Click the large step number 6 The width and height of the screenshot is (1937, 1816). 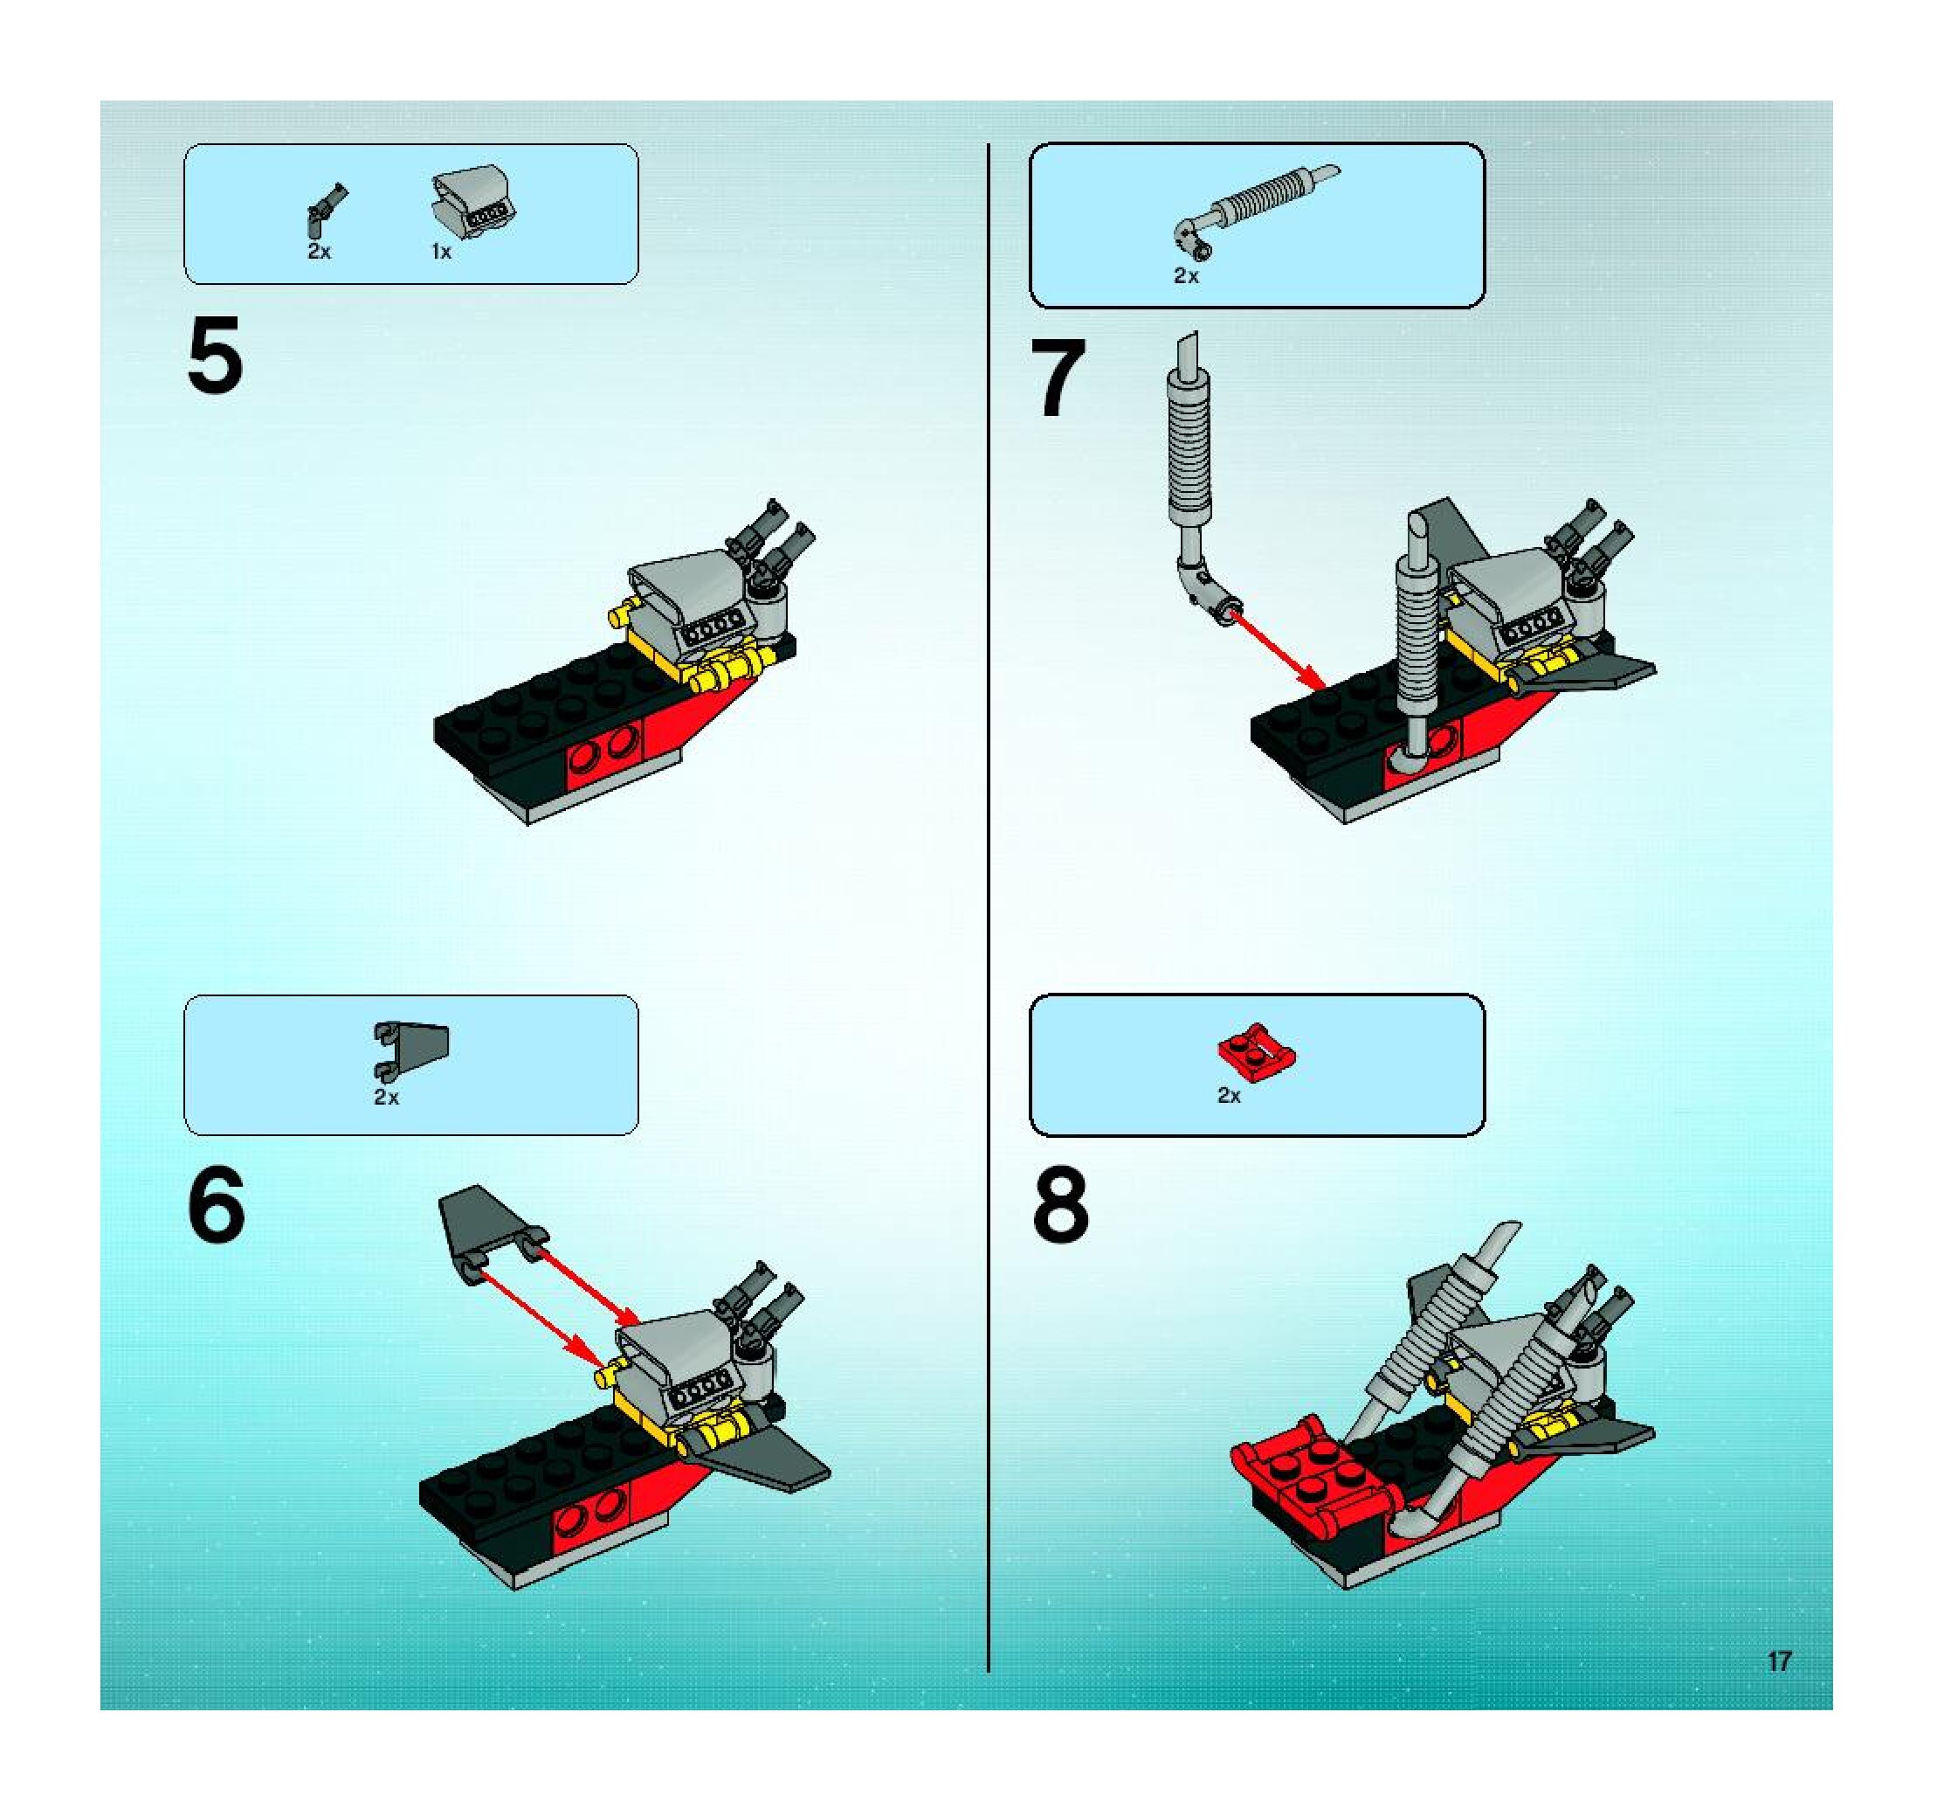pyautogui.click(x=216, y=1206)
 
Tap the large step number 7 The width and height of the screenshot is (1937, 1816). pyautogui.click(x=1058, y=378)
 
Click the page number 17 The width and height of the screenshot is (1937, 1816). pyautogui.click(x=1779, y=1660)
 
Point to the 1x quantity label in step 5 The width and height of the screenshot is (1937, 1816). pyautogui.click(x=441, y=252)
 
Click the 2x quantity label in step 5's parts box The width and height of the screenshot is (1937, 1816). pyautogui.click(x=319, y=252)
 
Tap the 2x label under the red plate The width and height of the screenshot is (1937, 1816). pyautogui.click(x=1229, y=1096)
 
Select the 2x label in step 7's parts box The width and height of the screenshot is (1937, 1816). pyautogui.click(x=1186, y=276)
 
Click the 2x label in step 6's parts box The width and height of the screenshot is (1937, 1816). pyautogui.click(x=386, y=1098)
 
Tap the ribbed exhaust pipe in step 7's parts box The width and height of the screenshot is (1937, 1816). pyautogui.click(x=1257, y=209)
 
